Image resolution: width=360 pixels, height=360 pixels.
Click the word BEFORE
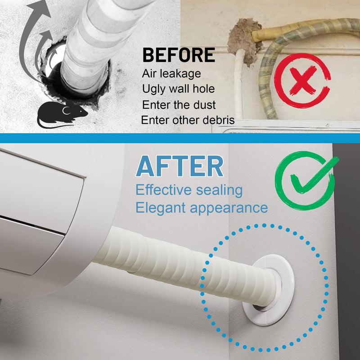[179, 55]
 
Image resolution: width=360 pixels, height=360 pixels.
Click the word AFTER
[180, 166]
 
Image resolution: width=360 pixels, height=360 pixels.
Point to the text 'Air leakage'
[171, 74]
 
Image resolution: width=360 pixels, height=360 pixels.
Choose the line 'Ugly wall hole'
[178, 89]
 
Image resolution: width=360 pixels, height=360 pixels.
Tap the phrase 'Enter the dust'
[179, 105]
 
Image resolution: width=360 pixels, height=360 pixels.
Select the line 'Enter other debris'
[188, 120]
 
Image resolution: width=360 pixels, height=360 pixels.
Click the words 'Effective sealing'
[189, 190]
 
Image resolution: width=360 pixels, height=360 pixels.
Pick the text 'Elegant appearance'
[202, 208]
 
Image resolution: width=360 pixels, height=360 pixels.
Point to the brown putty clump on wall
[244, 41]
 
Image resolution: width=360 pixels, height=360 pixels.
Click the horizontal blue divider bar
[180, 138]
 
